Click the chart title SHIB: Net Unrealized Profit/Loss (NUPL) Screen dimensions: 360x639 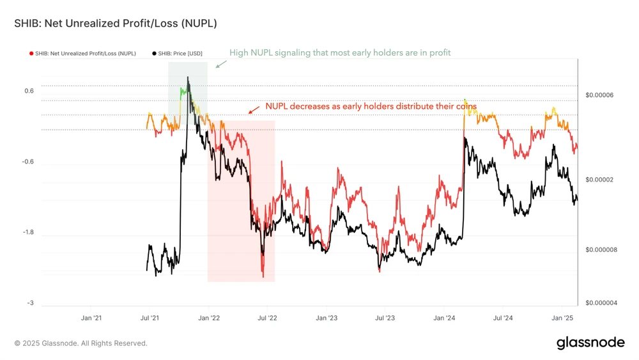tap(116, 24)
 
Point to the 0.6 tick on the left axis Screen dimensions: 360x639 tap(29, 91)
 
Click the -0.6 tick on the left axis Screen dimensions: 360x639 tap(28, 162)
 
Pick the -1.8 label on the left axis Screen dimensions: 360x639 tap(28, 233)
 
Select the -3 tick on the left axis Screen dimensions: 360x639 tap(30, 303)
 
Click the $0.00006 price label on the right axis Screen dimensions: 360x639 tap(599, 95)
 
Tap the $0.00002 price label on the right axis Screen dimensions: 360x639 tap(599, 180)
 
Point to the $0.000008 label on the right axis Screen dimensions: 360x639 tap(601, 249)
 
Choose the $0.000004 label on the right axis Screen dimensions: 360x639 tap(601, 303)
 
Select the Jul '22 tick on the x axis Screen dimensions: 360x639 tap(267, 318)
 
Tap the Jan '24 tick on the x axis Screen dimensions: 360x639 tap(443, 318)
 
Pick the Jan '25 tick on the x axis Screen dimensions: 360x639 tap(561, 318)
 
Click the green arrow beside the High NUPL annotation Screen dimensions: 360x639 tap(220, 63)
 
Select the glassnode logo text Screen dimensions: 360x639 tap(590, 342)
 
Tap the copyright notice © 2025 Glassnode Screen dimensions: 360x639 tap(81, 343)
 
